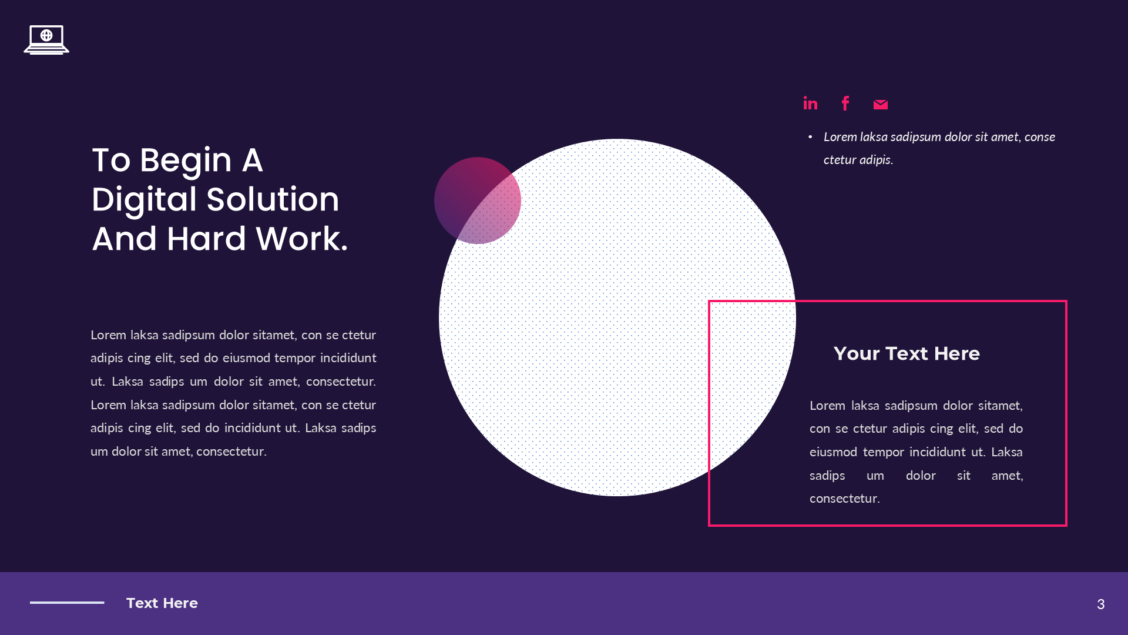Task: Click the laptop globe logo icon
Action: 46,39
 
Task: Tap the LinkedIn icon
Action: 810,103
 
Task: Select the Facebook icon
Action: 845,103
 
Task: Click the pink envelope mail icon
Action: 880,105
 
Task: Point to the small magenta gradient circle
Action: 477,200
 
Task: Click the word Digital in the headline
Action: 144,199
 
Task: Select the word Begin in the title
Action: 186,160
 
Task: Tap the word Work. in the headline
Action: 302,239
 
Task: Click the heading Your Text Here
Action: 906,353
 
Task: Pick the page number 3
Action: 1100,604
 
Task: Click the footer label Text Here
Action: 162,603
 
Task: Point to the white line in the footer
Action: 67,603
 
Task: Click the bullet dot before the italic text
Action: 810,137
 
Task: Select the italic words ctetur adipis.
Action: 858,160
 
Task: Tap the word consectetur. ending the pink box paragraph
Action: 844,499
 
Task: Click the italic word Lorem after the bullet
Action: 840,137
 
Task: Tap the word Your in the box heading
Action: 856,353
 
